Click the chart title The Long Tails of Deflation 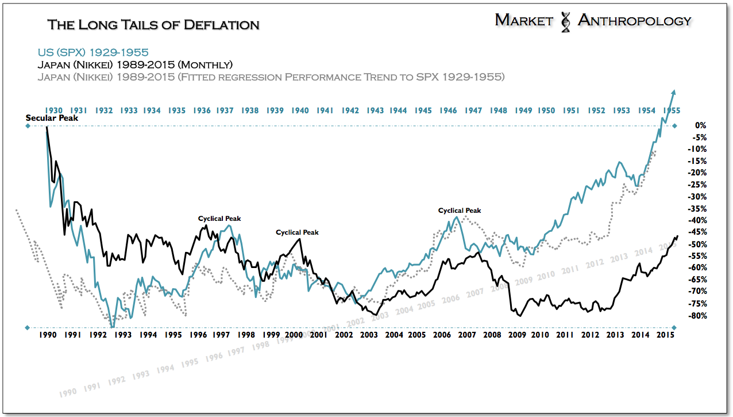[153, 25]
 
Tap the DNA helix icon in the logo [566, 21]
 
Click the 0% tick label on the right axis [700, 125]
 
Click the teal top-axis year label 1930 [53, 110]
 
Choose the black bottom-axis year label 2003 [369, 335]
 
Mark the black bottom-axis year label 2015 [665, 335]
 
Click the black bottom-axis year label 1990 [47, 335]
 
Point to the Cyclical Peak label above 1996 [219, 219]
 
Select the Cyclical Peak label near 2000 [297, 232]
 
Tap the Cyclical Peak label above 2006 [460, 211]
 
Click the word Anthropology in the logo [634, 21]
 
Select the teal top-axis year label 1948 [497, 110]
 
